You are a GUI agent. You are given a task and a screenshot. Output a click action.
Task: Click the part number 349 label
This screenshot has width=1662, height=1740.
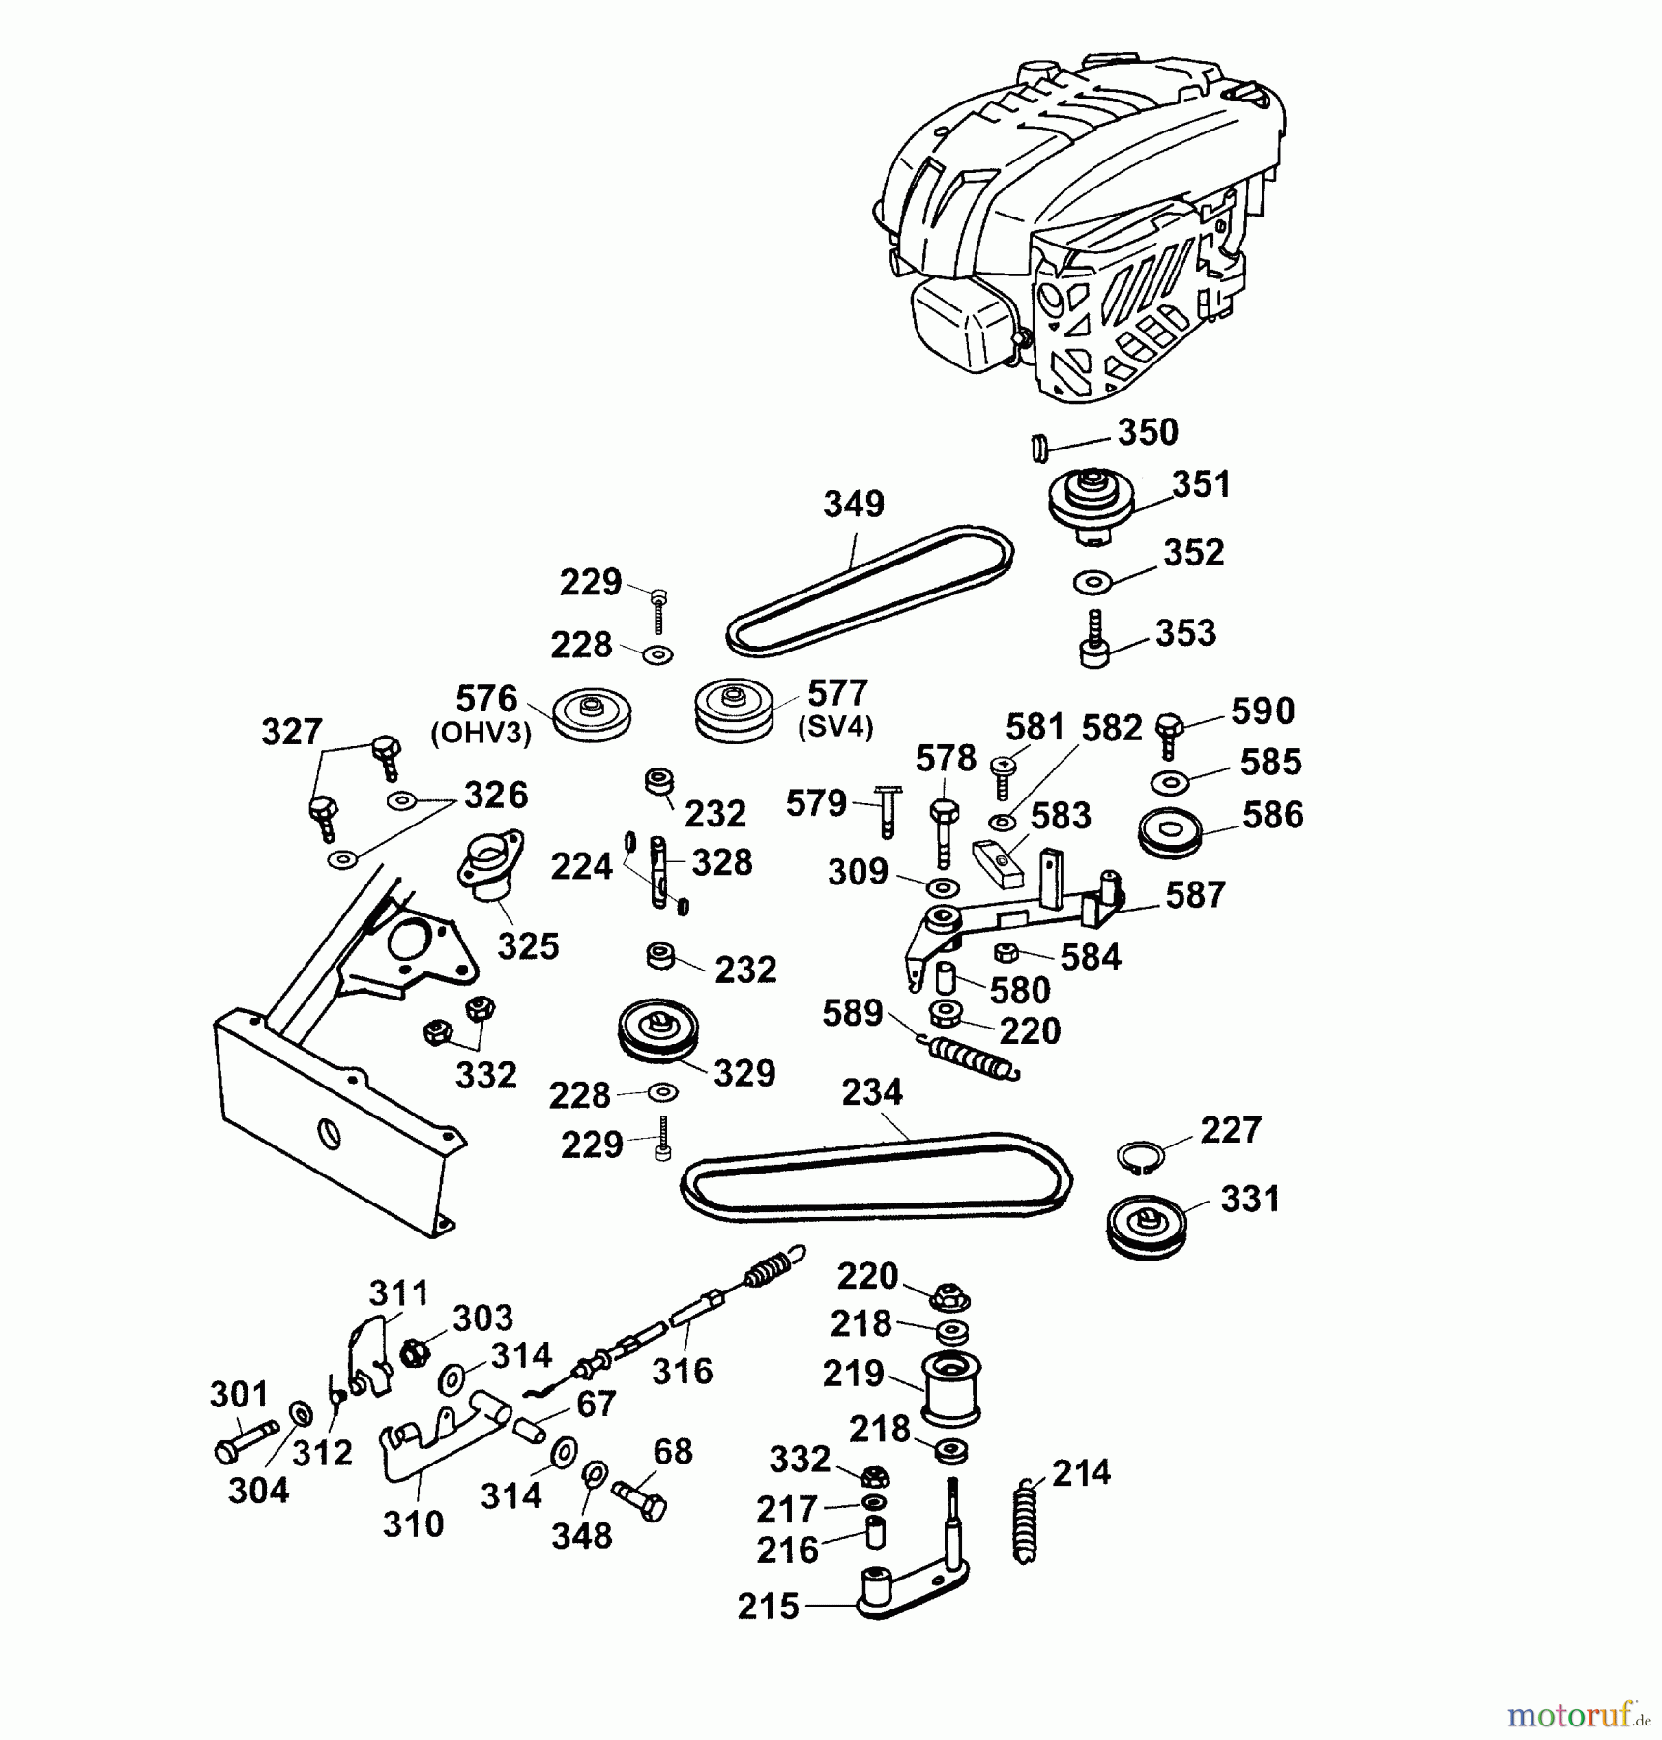tap(854, 504)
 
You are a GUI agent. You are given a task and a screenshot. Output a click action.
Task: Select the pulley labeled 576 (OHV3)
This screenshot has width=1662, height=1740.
tap(592, 715)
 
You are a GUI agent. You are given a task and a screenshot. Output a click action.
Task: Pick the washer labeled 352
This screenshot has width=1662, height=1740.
tap(1093, 583)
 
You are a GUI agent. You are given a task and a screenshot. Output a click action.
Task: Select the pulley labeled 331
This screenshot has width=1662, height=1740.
tap(1146, 1226)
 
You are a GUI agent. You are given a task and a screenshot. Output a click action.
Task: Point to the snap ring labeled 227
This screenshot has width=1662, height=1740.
tap(1140, 1158)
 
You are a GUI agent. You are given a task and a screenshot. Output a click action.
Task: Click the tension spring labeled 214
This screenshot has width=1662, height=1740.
tap(1026, 1522)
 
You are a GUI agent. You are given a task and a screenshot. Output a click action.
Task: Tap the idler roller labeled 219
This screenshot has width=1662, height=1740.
tap(951, 1388)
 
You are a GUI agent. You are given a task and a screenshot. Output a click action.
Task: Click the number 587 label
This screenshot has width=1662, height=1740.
tap(1195, 895)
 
